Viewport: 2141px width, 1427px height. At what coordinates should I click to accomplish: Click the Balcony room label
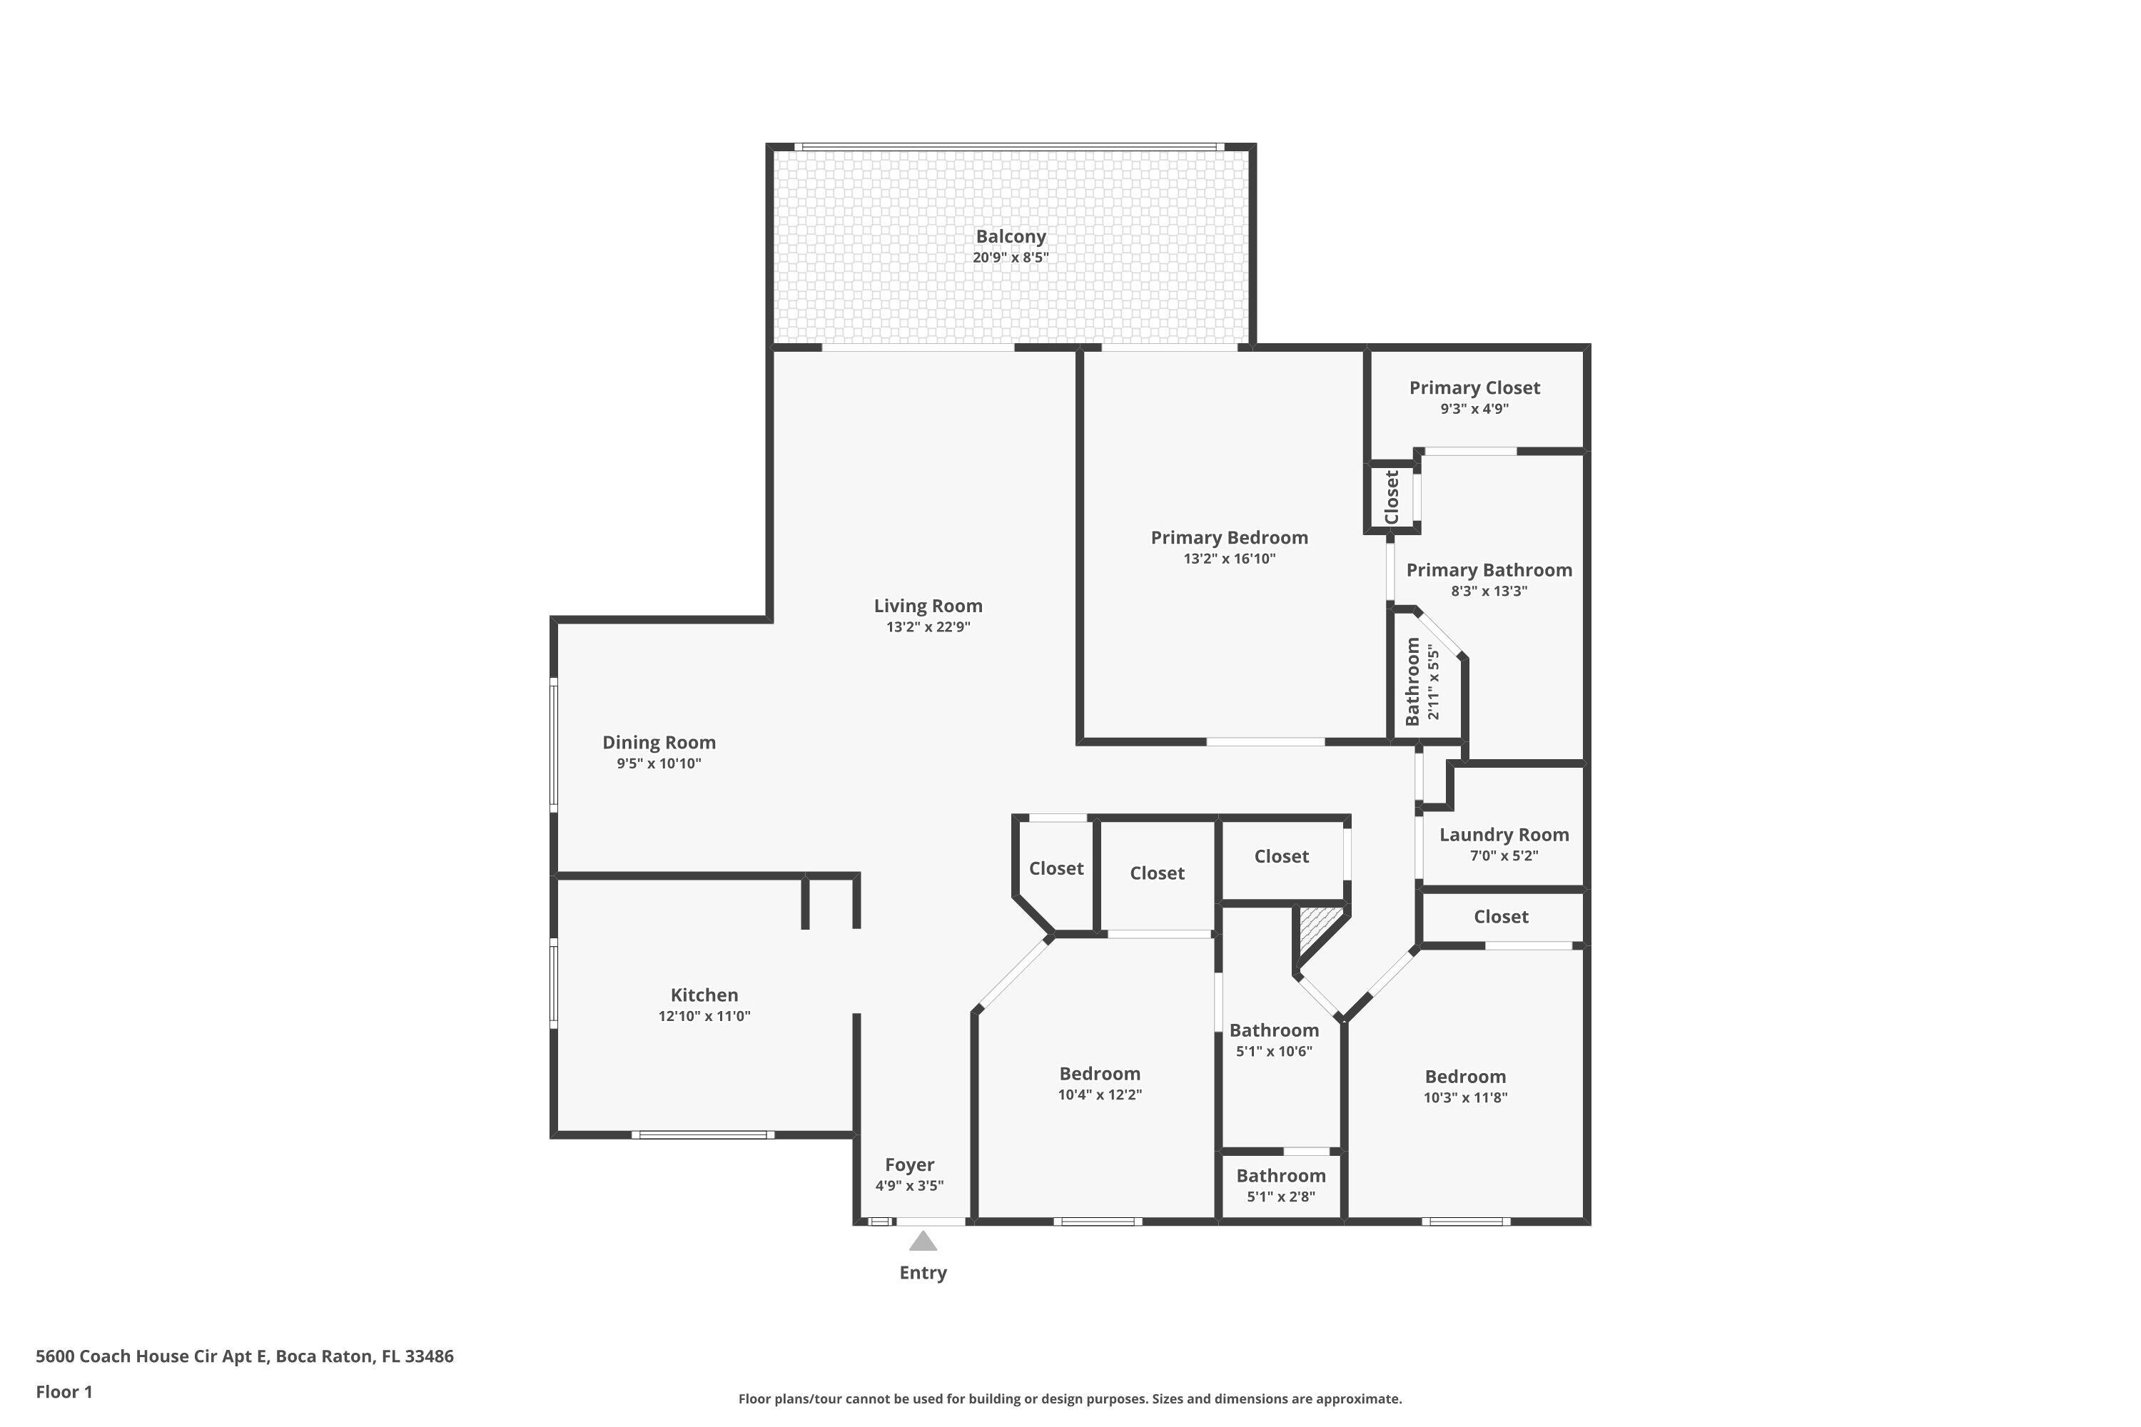(x=1011, y=237)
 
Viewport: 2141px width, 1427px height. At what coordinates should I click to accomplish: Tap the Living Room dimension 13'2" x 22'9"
(x=928, y=627)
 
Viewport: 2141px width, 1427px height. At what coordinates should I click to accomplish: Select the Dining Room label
(x=658, y=743)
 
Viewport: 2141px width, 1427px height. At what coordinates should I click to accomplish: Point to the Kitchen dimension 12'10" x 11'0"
(x=704, y=1017)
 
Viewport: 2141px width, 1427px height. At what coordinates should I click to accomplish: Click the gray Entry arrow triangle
(x=923, y=1242)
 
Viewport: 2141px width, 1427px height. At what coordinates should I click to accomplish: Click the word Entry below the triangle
(x=923, y=1273)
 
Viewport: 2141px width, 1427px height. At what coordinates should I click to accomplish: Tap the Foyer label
(x=909, y=1165)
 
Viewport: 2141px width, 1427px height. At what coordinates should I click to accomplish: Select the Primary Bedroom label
(x=1229, y=538)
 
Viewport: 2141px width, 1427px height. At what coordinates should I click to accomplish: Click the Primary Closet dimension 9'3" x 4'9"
(x=1474, y=410)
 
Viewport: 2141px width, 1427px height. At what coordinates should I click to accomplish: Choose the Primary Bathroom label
(x=1488, y=571)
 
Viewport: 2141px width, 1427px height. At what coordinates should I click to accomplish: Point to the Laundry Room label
(x=1503, y=835)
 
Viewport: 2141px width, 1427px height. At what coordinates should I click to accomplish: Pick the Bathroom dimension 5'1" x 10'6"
(x=1273, y=1052)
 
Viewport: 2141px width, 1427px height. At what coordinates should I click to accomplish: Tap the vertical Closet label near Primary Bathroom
(x=1391, y=497)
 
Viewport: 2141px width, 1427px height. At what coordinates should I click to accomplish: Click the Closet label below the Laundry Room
(x=1500, y=918)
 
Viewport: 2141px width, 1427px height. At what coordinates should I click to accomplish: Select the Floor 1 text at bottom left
(x=64, y=1391)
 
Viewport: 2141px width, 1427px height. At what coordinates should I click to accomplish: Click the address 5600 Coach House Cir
(x=244, y=1356)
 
